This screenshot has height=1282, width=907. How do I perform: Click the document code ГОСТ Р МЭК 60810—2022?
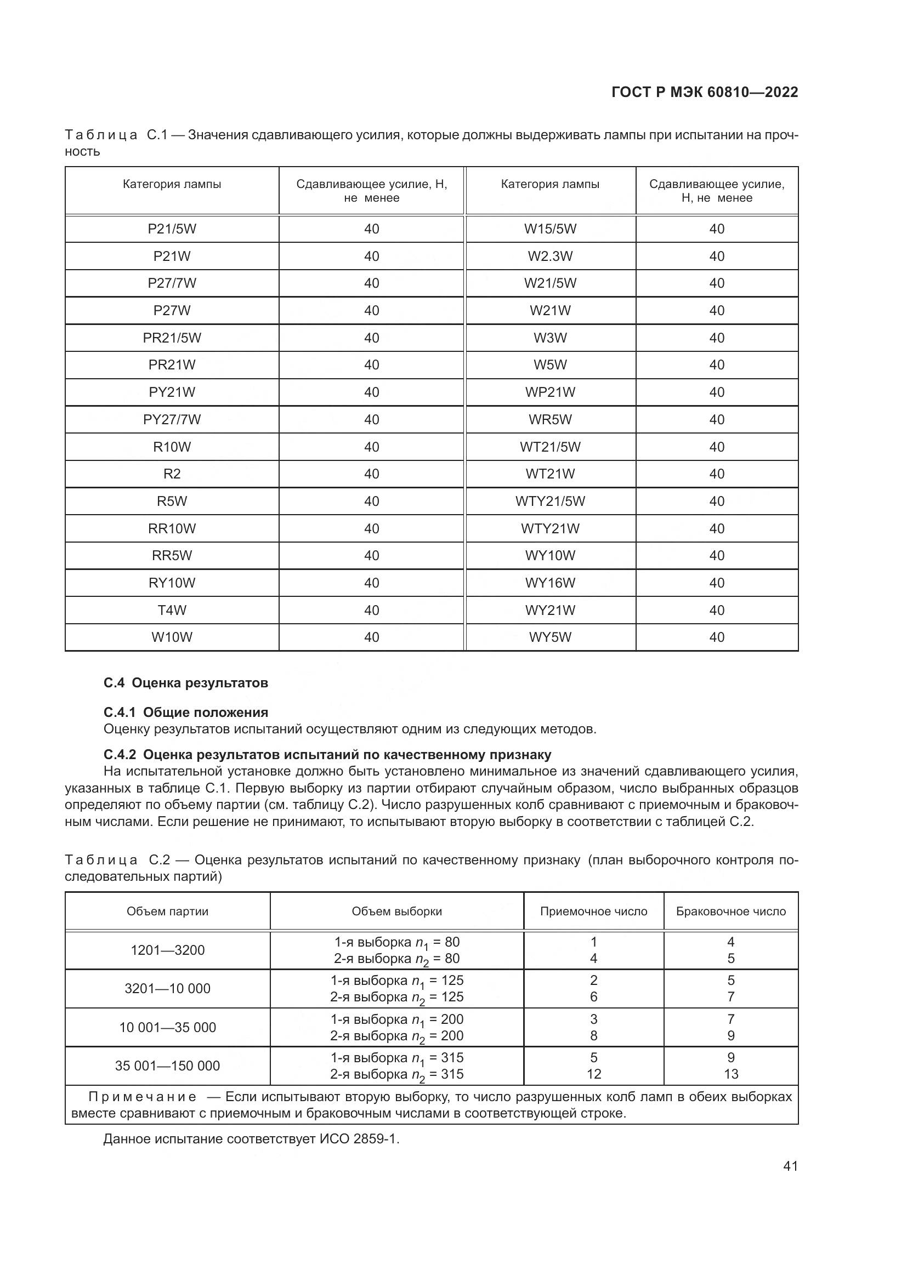point(704,92)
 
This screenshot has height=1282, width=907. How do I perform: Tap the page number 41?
point(790,1166)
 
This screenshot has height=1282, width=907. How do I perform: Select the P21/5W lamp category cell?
point(172,229)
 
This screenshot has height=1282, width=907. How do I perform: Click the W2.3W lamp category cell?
point(550,257)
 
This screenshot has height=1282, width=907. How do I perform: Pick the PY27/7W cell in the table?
point(172,419)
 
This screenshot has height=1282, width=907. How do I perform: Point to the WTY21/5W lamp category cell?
point(550,501)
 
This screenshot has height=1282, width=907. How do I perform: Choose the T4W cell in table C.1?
point(172,609)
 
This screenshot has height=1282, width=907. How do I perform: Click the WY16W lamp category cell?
point(550,583)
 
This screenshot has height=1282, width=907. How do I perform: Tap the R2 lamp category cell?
point(172,474)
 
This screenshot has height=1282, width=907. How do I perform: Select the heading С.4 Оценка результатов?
point(185,683)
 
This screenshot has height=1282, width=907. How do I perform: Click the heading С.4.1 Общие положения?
point(185,713)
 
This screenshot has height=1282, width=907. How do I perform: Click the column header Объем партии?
point(168,911)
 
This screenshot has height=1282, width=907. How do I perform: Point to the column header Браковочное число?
point(730,911)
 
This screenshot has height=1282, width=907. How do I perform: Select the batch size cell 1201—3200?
point(168,950)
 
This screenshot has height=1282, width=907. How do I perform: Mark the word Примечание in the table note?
point(143,1097)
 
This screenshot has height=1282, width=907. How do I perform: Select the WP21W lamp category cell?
point(550,392)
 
